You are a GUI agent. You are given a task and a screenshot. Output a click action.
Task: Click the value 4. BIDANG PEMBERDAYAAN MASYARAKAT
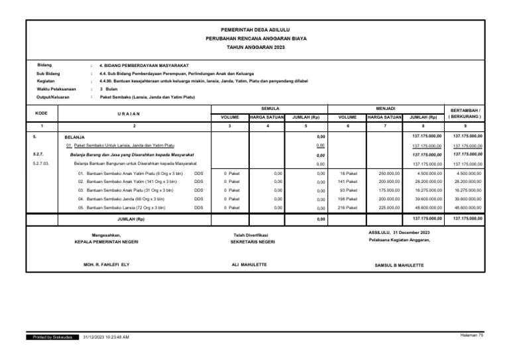144,66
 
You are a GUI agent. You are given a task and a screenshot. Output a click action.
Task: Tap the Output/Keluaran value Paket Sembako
142,97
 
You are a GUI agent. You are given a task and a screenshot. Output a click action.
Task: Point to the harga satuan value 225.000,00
384,208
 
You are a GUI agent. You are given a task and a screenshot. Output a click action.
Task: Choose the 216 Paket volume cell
347,208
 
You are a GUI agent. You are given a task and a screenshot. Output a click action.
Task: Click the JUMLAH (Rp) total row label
131,219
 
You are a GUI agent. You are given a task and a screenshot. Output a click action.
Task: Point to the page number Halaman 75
471,335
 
